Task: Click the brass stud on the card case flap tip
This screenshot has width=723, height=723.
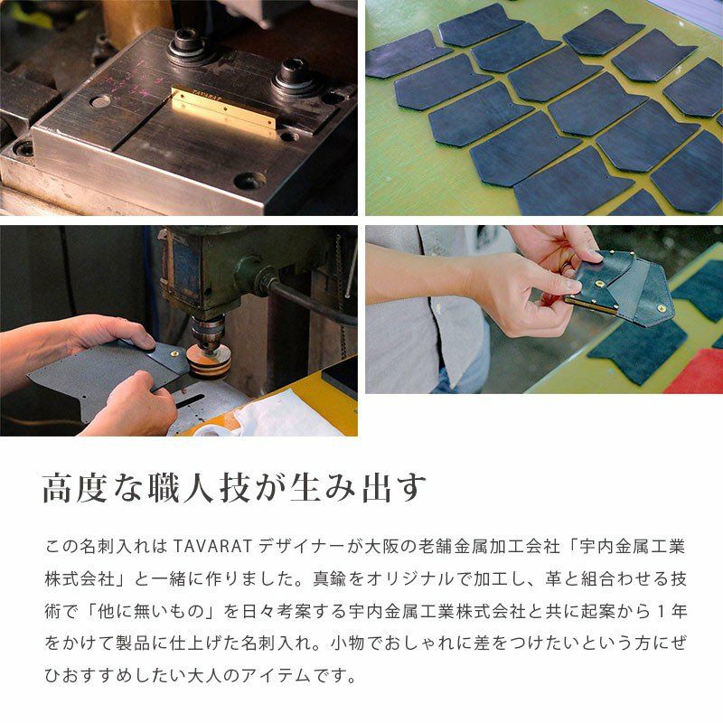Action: click(665, 308)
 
